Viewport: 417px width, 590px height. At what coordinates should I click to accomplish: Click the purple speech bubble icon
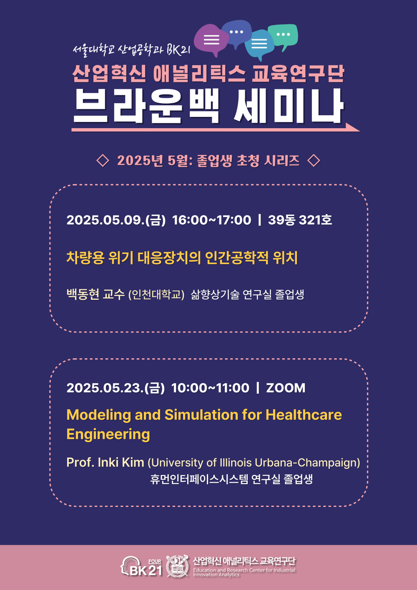pyautogui.click(x=211, y=40)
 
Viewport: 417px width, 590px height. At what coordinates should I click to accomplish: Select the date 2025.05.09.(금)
pyautogui.click(x=116, y=220)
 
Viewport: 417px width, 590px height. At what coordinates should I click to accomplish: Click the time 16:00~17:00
pyautogui.click(x=212, y=220)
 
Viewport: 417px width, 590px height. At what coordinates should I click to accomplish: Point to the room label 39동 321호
pyautogui.click(x=300, y=220)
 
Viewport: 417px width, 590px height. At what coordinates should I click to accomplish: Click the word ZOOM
pyautogui.click(x=286, y=388)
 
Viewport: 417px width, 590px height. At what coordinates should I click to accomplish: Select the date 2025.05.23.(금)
pyautogui.click(x=116, y=388)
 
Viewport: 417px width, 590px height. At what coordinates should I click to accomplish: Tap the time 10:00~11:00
pyautogui.click(x=210, y=388)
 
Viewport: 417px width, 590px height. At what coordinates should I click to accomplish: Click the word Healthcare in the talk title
pyautogui.click(x=304, y=415)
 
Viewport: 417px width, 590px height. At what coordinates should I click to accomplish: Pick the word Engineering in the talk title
pyautogui.click(x=108, y=434)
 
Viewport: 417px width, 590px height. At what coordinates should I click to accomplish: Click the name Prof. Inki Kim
pyautogui.click(x=105, y=463)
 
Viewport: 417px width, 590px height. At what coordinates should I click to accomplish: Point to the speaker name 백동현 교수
pyautogui.click(x=95, y=294)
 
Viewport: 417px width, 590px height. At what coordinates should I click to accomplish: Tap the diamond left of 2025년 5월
pyautogui.click(x=103, y=160)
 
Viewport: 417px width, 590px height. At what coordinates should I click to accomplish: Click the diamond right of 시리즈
pyautogui.click(x=314, y=160)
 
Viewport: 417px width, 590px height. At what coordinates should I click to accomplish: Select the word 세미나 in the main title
pyautogui.click(x=288, y=106)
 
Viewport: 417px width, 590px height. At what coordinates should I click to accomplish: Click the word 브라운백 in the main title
pyautogui.click(x=146, y=106)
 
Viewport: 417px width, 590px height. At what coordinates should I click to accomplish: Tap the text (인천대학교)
pyautogui.click(x=156, y=294)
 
